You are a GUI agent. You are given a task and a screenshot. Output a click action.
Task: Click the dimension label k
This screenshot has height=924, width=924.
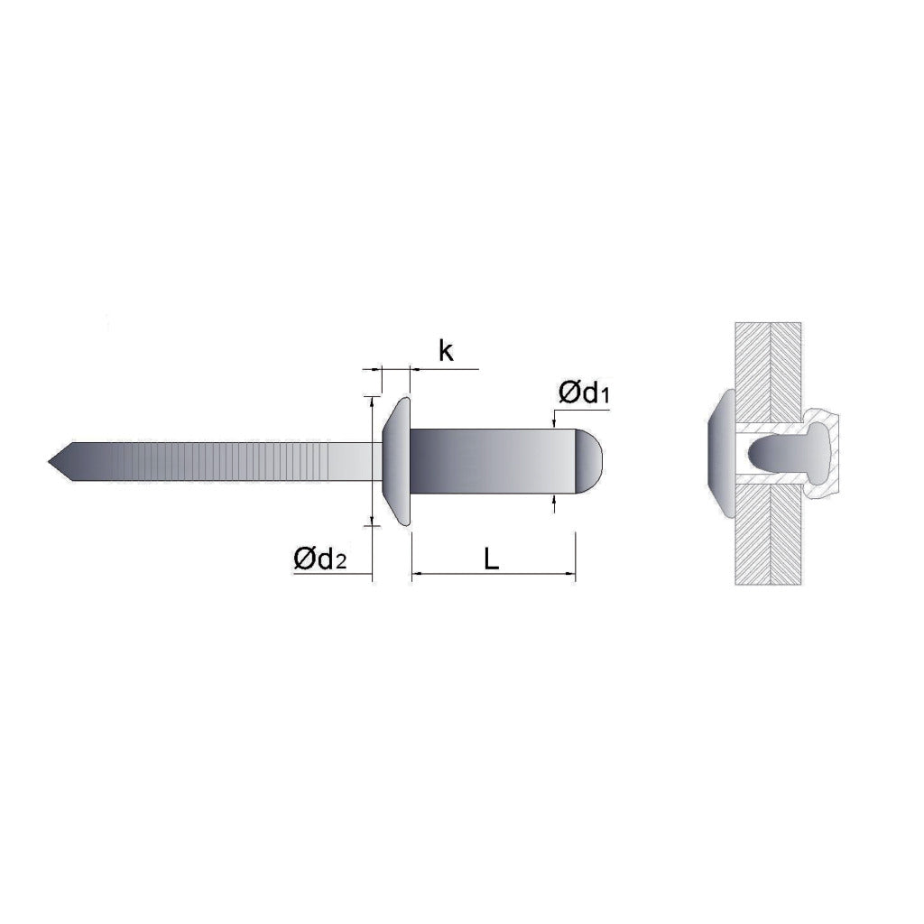click(x=446, y=351)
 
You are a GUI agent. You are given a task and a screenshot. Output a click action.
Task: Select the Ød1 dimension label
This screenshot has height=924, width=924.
click(x=584, y=393)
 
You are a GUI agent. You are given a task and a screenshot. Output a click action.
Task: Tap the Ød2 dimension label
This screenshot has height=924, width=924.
click(x=320, y=559)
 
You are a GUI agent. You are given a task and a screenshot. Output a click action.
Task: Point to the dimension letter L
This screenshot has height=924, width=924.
click(x=492, y=559)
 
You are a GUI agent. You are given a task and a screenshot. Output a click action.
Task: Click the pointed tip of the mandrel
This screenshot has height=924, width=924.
click(x=49, y=461)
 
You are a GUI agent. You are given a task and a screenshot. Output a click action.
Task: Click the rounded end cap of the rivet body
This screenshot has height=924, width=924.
click(x=588, y=461)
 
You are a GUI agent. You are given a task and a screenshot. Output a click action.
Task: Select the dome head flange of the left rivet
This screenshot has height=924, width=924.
click(x=397, y=461)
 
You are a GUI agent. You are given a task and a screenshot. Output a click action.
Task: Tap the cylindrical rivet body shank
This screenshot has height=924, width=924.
click(x=492, y=461)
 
